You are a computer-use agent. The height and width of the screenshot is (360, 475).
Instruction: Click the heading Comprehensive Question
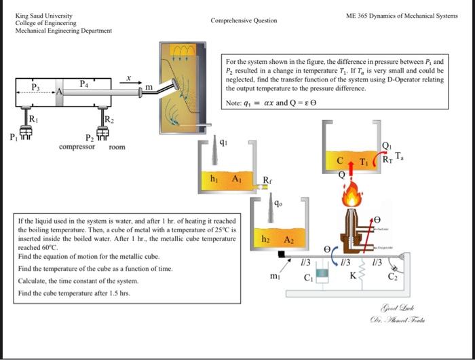tap(244, 20)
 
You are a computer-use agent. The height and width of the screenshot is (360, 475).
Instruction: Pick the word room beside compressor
tap(116, 146)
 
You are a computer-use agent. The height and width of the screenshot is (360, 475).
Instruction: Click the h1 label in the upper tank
tap(214, 178)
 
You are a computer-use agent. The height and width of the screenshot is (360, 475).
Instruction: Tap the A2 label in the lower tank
tap(288, 240)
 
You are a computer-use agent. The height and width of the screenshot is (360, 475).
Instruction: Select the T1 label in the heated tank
tap(364, 163)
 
